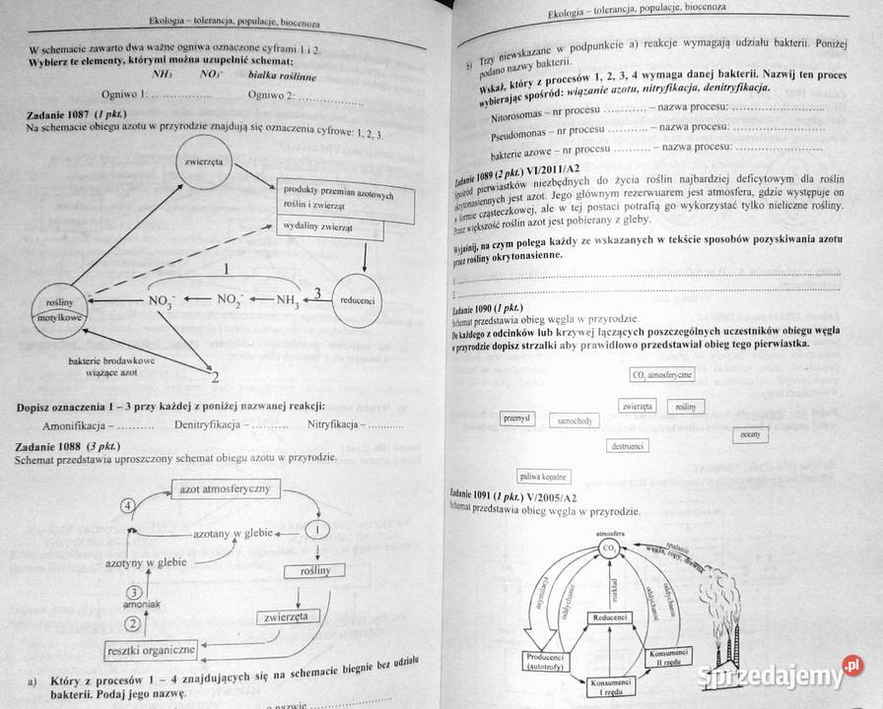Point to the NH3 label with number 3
point(291,299)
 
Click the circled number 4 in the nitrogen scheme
point(127,505)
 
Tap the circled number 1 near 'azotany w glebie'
point(318,530)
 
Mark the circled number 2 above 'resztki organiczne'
point(130,622)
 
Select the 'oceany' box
point(777,433)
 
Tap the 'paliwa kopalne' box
point(535,477)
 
